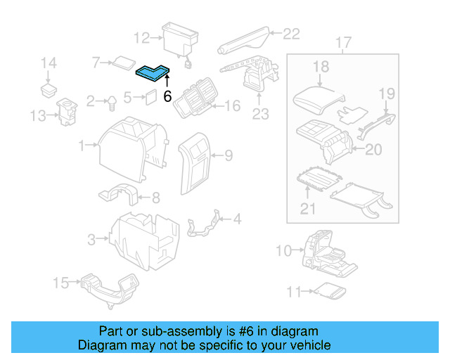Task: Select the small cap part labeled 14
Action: pyautogui.click(x=49, y=89)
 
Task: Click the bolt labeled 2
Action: pyautogui.click(x=111, y=103)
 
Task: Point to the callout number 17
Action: pyautogui.click(x=343, y=44)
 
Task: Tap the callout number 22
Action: pyautogui.click(x=291, y=32)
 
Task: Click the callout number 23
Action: pyautogui.click(x=261, y=114)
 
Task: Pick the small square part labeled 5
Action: pyautogui.click(x=150, y=96)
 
